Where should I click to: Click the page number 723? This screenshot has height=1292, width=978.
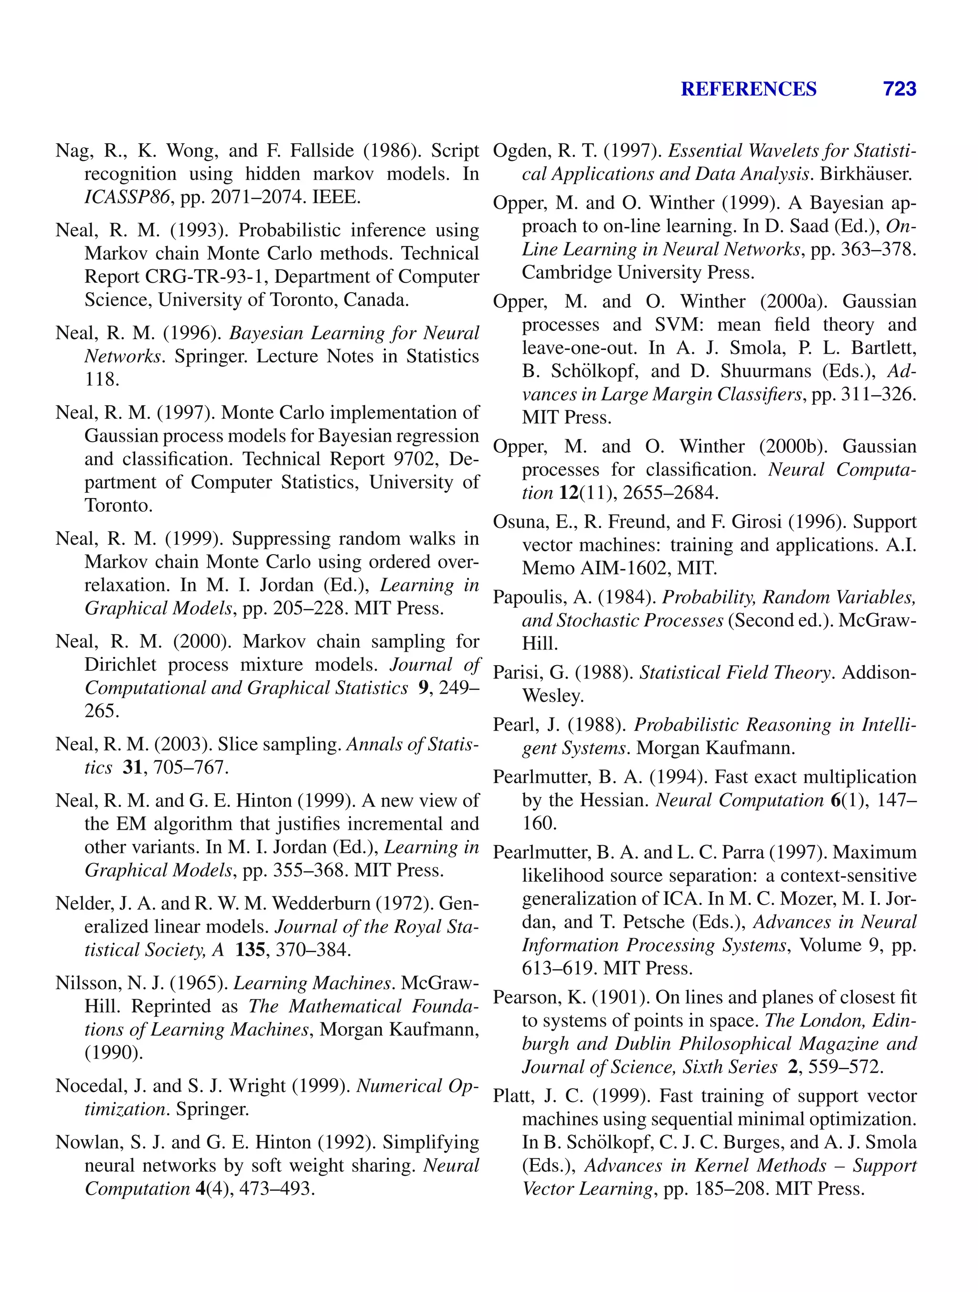tap(899, 89)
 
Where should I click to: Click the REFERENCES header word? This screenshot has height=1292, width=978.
tap(748, 89)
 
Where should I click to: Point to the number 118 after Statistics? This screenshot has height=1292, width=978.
tap(102, 379)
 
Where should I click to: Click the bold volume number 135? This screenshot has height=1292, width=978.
tap(250, 950)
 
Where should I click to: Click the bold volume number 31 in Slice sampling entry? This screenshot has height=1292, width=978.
tap(133, 767)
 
